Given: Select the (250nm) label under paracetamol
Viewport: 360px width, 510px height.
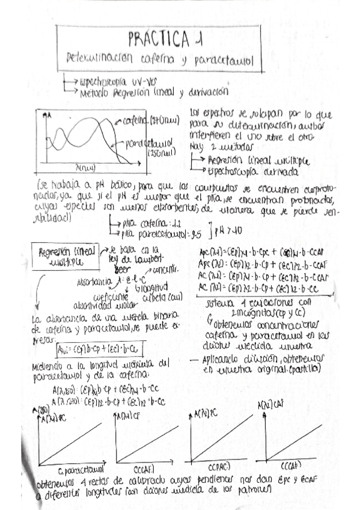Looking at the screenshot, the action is click(161, 154).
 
